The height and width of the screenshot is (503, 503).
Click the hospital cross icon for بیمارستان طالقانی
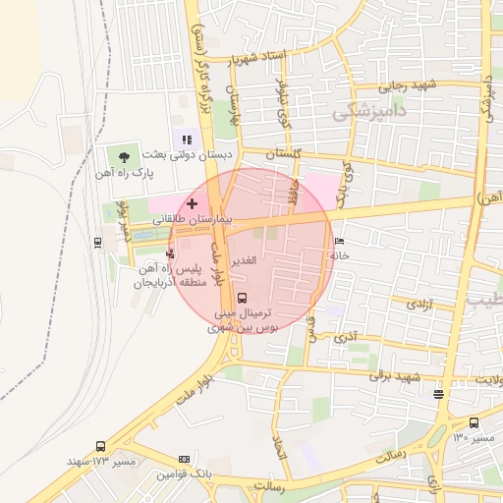(191, 202)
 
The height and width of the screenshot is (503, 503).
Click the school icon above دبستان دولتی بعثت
(187, 140)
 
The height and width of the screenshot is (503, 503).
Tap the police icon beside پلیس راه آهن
(170, 252)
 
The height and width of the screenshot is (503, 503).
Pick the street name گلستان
(281, 155)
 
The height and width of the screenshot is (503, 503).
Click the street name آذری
(345, 337)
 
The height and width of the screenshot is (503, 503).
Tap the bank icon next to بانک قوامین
(184, 459)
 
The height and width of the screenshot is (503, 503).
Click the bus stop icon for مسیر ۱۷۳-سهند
(100, 446)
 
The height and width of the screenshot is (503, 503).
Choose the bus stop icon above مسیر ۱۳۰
(474, 423)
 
